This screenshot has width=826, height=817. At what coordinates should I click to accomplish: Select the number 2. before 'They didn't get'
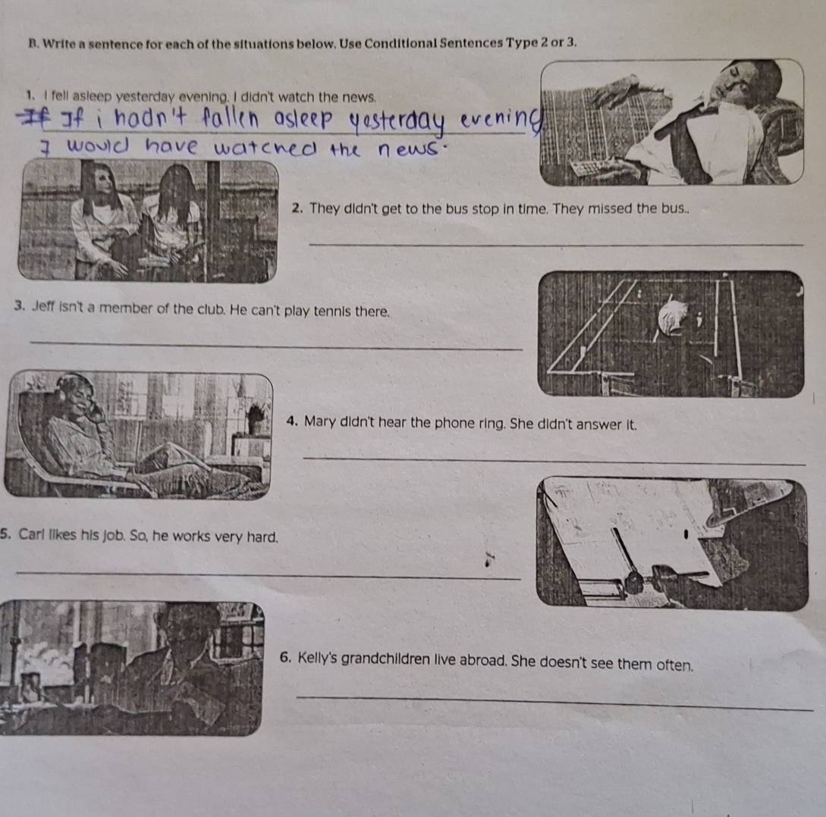pyautogui.click(x=297, y=208)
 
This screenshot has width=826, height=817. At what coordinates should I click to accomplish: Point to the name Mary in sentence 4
pyautogui.click(x=320, y=422)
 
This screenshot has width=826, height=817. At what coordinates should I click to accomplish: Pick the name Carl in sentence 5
pyautogui.click(x=32, y=534)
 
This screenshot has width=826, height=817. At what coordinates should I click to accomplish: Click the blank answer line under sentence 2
pyautogui.click(x=556, y=244)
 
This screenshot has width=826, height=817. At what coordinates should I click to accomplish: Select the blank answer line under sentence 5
pyautogui.click(x=269, y=574)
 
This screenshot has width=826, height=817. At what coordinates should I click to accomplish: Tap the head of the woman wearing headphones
pyautogui.click(x=78, y=396)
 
